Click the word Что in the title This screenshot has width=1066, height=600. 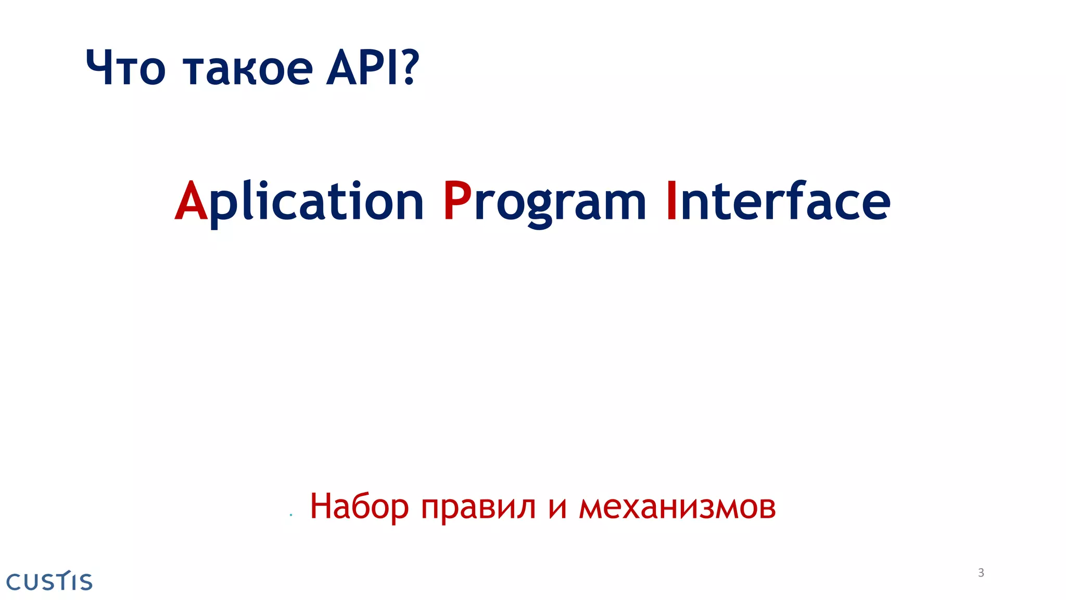tap(125, 68)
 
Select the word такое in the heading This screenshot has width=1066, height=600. tap(248, 69)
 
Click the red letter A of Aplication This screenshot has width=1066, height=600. tap(191, 202)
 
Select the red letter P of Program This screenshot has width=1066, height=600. tap(457, 202)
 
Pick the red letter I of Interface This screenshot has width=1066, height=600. tap(671, 202)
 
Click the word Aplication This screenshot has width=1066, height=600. tap(299, 202)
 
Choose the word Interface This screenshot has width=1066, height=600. tap(778, 202)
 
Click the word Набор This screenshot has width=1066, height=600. tap(359, 506)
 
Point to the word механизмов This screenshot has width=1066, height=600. tap(677, 507)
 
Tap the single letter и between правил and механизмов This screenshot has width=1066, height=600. tap(557, 508)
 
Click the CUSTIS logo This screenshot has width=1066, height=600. tap(49, 581)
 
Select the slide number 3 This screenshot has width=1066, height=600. tap(981, 573)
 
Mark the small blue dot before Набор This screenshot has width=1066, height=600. tap(291, 515)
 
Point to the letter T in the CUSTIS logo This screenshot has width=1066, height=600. tap(63, 580)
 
